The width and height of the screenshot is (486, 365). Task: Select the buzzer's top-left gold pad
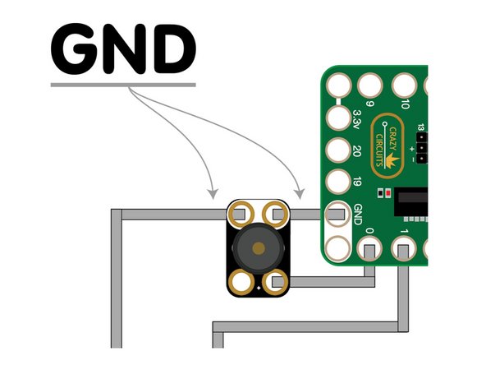pos(240,214)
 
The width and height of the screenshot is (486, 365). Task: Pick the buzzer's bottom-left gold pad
pos(240,282)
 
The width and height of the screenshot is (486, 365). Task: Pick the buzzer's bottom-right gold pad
pos(277,282)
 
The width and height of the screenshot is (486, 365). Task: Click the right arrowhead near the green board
pos(300,194)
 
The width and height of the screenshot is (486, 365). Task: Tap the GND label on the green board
pos(357,215)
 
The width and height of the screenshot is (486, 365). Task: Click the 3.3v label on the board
pos(357,119)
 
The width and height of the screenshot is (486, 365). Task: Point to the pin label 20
pos(357,151)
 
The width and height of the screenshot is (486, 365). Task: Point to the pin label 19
pos(357,182)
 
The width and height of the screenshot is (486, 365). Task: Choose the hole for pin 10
pos(404,85)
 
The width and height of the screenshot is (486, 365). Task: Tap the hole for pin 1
pos(404,250)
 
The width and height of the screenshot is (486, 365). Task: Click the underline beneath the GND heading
pos(123,84)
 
